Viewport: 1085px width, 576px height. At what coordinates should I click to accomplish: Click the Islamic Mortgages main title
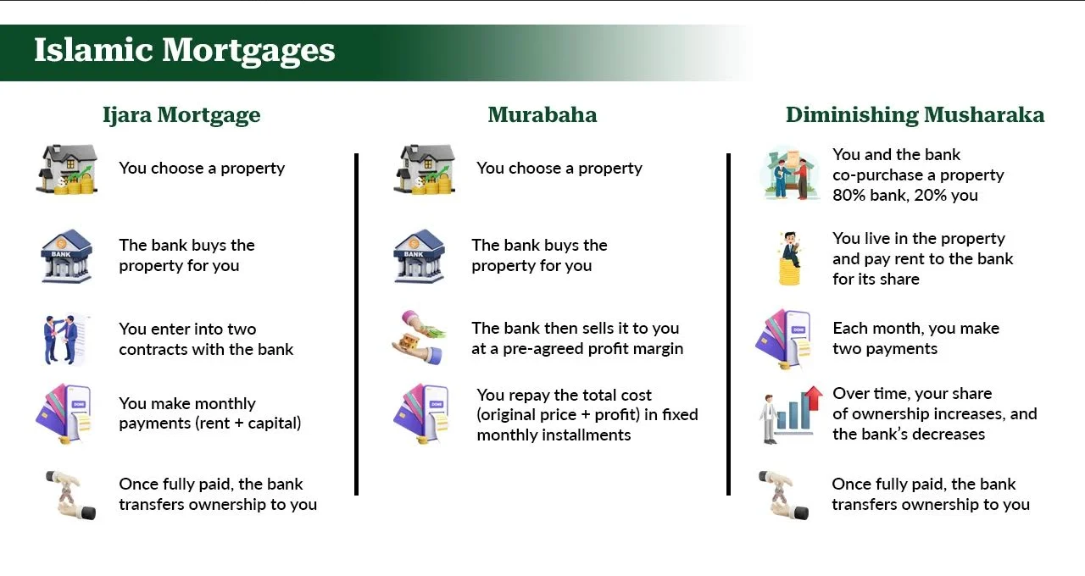pos(184,51)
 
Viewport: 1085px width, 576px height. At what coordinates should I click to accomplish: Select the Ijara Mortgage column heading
pos(181,115)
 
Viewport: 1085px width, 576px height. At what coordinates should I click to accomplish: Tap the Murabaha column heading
pos(542,115)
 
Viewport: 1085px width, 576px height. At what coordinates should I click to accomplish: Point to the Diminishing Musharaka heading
pos(915,115)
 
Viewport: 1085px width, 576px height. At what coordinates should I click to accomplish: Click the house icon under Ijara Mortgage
pos(67,169)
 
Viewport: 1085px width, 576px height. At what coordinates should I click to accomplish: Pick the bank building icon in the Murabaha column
pos(418,255)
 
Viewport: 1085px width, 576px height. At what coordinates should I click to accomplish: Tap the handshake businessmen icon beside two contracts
pos(62,340)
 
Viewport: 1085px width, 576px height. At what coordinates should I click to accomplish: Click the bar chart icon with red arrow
pos(790,414)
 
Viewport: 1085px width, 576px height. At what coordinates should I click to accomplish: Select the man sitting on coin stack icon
pos(790,258)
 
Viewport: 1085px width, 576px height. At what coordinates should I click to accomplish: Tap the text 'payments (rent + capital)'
pos(209,424)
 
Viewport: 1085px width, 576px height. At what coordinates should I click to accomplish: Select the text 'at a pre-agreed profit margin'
pos(577,349)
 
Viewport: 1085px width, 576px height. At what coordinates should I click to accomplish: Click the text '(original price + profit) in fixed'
pos(587,415)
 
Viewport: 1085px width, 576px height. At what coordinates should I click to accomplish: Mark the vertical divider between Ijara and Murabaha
pos(357,324)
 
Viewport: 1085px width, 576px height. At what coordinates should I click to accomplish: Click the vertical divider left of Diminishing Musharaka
pos(728,324)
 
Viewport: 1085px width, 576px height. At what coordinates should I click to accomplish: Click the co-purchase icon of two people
pos(787,175)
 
